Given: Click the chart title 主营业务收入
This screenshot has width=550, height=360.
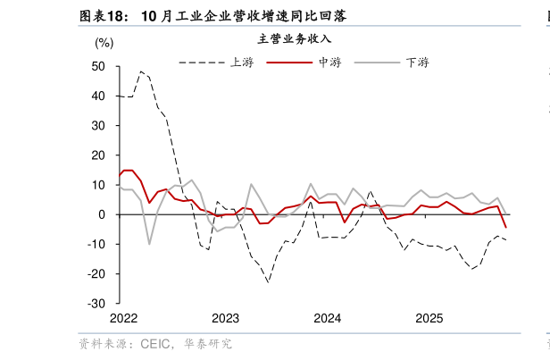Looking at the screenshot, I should (294, 38).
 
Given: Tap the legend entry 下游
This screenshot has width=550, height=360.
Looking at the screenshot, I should (417, 63).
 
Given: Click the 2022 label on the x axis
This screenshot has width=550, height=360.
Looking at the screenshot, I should (123, 318).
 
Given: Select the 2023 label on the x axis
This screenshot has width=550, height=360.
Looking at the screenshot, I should (225, 318).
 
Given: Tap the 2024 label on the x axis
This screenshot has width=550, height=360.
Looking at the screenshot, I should (328, 318).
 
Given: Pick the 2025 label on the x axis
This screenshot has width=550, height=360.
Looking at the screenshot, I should (429, 318).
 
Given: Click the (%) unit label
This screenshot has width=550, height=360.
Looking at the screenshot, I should (104, 43).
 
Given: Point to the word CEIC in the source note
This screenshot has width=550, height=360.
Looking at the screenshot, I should (157, 343).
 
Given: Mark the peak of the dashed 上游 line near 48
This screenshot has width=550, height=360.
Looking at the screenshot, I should (141, 71).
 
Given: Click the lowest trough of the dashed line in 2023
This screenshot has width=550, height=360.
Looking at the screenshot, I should (268, 282).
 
